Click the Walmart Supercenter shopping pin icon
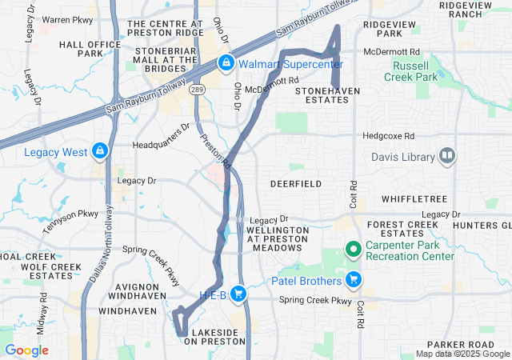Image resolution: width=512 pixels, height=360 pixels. coord(226,62)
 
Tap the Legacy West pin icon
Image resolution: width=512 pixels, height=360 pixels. coord(100,150)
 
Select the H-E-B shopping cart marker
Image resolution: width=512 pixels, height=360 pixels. coord(238,294)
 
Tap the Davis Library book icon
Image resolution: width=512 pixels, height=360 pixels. coord(446,156)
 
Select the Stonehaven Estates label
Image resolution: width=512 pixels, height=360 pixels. coord(328,97)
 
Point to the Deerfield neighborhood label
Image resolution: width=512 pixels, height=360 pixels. coord(295,184)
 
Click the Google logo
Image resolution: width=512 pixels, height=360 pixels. coord(26,350)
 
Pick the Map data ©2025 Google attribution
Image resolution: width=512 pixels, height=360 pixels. coord(462,354)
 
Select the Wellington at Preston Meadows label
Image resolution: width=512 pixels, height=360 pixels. coord(277,238)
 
